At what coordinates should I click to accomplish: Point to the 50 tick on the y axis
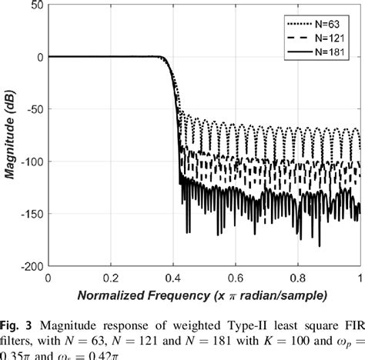(35, 6)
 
